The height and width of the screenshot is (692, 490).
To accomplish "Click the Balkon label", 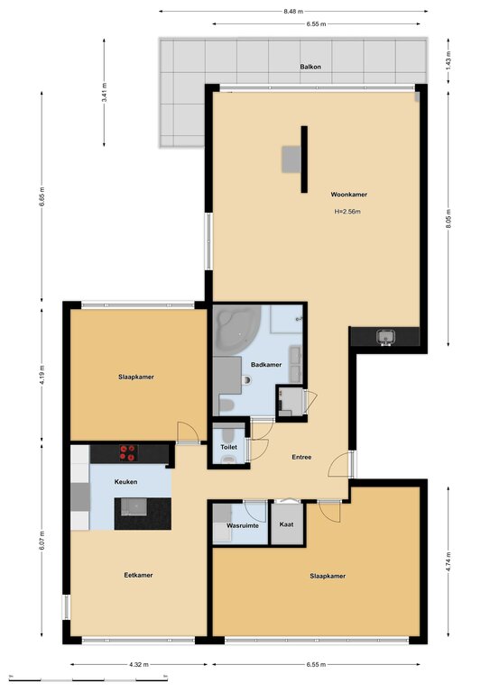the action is click(x=310, y=67).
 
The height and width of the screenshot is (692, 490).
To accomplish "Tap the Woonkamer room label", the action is click(x=348, y=195).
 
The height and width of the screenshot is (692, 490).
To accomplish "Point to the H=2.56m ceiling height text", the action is click(x=347, y=212).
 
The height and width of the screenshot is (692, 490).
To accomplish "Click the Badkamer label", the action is click(x=266, y=365).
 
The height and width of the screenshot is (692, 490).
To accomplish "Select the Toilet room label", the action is click(x=228, y=447).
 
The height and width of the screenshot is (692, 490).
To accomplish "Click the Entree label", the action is click(x=301, y=457).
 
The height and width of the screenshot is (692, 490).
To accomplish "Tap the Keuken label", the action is click(x=125, y=482).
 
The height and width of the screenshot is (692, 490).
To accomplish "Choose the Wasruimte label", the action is click(x=242, y=525).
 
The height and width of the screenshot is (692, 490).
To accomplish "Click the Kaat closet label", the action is click(x=286, y=524).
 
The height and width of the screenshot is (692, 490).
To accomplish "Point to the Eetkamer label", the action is click(x=138, y=575).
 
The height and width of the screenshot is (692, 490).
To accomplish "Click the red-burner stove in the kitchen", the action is click(x=128, y=453).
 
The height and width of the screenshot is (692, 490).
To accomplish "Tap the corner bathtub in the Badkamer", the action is click(x=236, y=329).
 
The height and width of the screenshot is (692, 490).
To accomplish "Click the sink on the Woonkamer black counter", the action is click(x=385, y=338).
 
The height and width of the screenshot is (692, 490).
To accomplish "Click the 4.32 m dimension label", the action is click(x=139, y=664).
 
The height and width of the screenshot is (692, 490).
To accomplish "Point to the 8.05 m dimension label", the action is click(x=448, y=219).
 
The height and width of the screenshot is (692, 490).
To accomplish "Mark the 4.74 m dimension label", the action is click(x=448, y=562).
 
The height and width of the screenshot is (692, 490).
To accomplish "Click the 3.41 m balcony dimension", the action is click(x=105, y=92).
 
